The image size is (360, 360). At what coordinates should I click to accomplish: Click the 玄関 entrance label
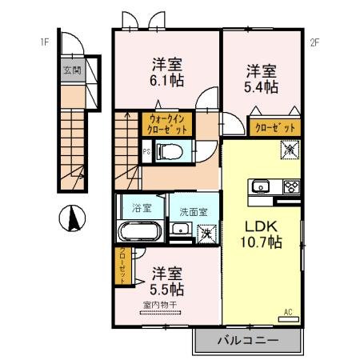tap(71, 70)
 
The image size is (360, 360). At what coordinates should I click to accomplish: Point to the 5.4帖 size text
tap(261, 86)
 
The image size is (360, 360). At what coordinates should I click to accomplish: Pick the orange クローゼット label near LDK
tap(275, 127)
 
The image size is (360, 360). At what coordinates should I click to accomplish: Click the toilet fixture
tap(169, 150)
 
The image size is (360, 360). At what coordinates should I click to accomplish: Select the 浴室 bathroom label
tap(142, 208)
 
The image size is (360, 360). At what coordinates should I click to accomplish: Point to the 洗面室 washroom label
tap(193, 212)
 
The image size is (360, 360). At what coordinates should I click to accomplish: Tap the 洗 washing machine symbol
tap(206, 234)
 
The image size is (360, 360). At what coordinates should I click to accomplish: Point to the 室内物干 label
tap(163, 305)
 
